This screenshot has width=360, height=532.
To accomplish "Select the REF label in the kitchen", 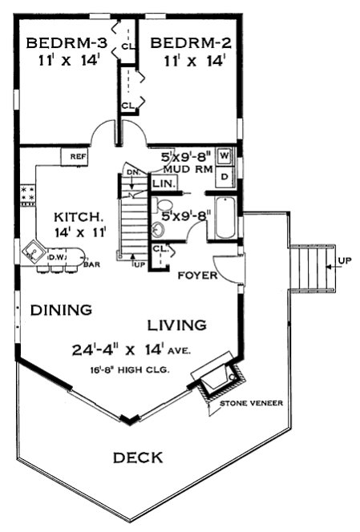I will click(x=78, y=156).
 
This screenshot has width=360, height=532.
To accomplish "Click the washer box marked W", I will click(x=225, y=155).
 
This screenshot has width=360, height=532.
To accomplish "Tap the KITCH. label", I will click(x=77, y=216).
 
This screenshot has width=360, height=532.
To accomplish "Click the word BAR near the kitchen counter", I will click(x=92, y=262).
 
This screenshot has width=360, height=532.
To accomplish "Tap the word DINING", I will click(x=62, y=309).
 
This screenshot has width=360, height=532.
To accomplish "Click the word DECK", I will click(x=137, y=457).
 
